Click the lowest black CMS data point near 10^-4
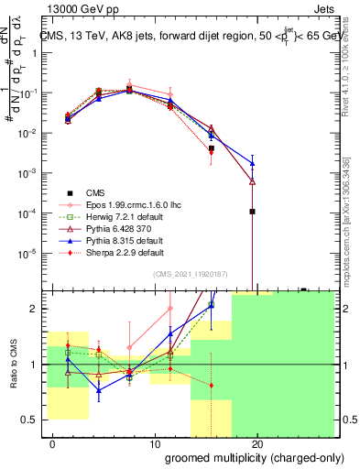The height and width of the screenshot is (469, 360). [x=252, y=212]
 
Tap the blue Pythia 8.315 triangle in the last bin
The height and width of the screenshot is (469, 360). [x=252, y=163]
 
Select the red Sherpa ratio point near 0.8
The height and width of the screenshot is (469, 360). [x=212, y=385]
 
